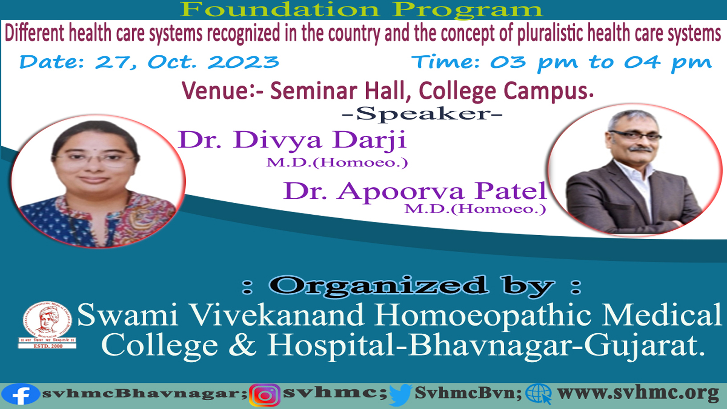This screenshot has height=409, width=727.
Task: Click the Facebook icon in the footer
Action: coord(20,394)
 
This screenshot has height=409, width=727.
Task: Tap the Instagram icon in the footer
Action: coord(265,395)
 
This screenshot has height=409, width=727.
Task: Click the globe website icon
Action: coord(538,394)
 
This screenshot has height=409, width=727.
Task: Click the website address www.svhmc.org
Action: coord(638,394)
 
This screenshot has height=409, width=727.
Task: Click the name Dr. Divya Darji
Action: coord(292,140)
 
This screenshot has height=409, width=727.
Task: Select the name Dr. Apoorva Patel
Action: coord(415,191)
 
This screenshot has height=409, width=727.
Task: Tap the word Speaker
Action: coord(421,114)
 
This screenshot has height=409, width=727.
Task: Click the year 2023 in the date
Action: coord(243,62)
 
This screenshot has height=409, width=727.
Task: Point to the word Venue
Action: coord(215,90)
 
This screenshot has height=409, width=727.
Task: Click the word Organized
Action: coord(378,286)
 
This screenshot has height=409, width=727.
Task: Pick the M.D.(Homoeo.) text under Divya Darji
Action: coord(337,162)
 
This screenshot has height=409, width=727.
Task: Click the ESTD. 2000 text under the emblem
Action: coord(48,346)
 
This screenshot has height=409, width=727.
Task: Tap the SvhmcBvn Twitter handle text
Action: coord(468,393)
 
